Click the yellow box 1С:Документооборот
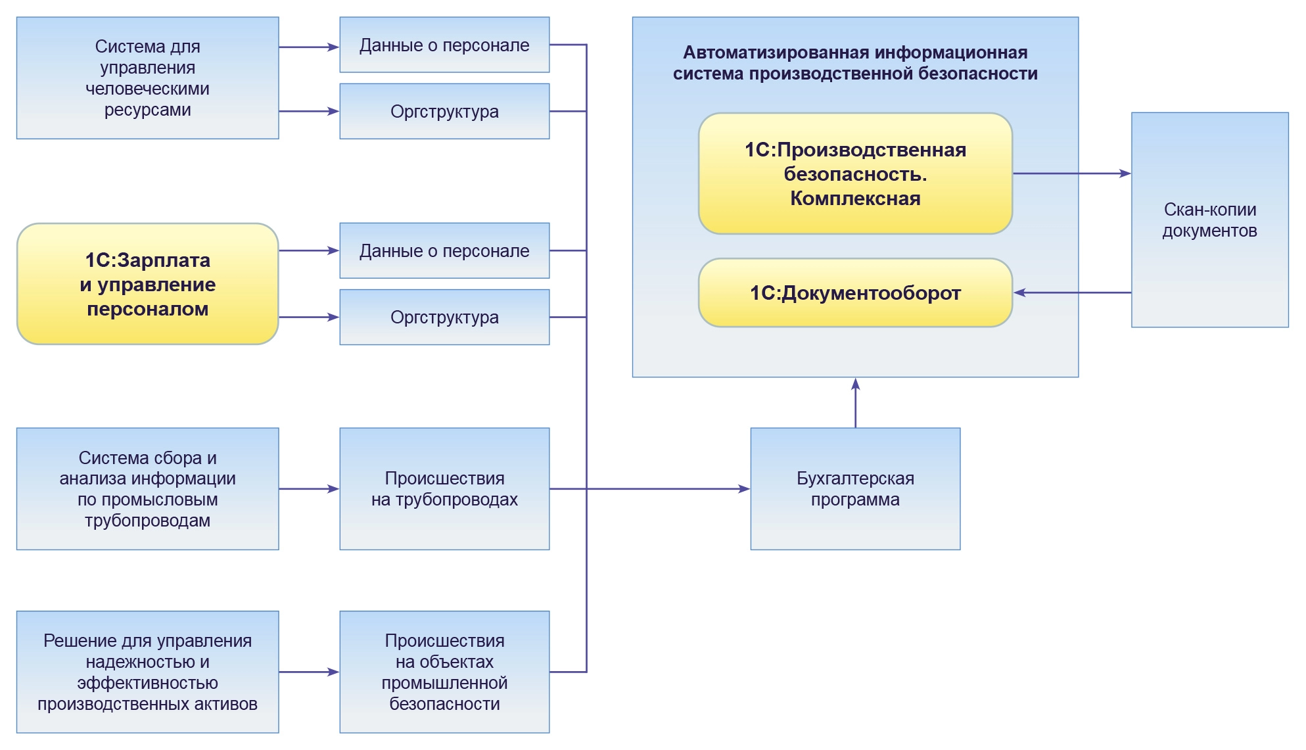click(854, 293)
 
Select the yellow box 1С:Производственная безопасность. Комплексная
click(854, 174)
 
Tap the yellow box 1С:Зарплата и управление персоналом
click(147, 284)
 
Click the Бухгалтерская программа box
click(854, 488)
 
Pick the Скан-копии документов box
click(1209, 220)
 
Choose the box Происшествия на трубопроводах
click(444, 488)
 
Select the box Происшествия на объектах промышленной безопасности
click(444, 671)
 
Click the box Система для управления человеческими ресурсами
click(147, 78)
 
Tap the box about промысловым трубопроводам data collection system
click(147, 488)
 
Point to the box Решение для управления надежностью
click(147, 671)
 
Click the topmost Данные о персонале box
click(444, 45)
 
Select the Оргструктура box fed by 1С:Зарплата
click(444, 317)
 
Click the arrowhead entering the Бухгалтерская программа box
click(744, 489)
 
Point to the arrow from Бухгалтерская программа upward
click(855, 402)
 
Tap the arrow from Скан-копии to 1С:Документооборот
click(1071, 293)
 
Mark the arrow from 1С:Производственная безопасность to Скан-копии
click(1071, 174)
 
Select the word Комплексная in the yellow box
click(854, 199)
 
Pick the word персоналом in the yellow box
click(147, 309)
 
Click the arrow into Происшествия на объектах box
click(309, 672)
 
